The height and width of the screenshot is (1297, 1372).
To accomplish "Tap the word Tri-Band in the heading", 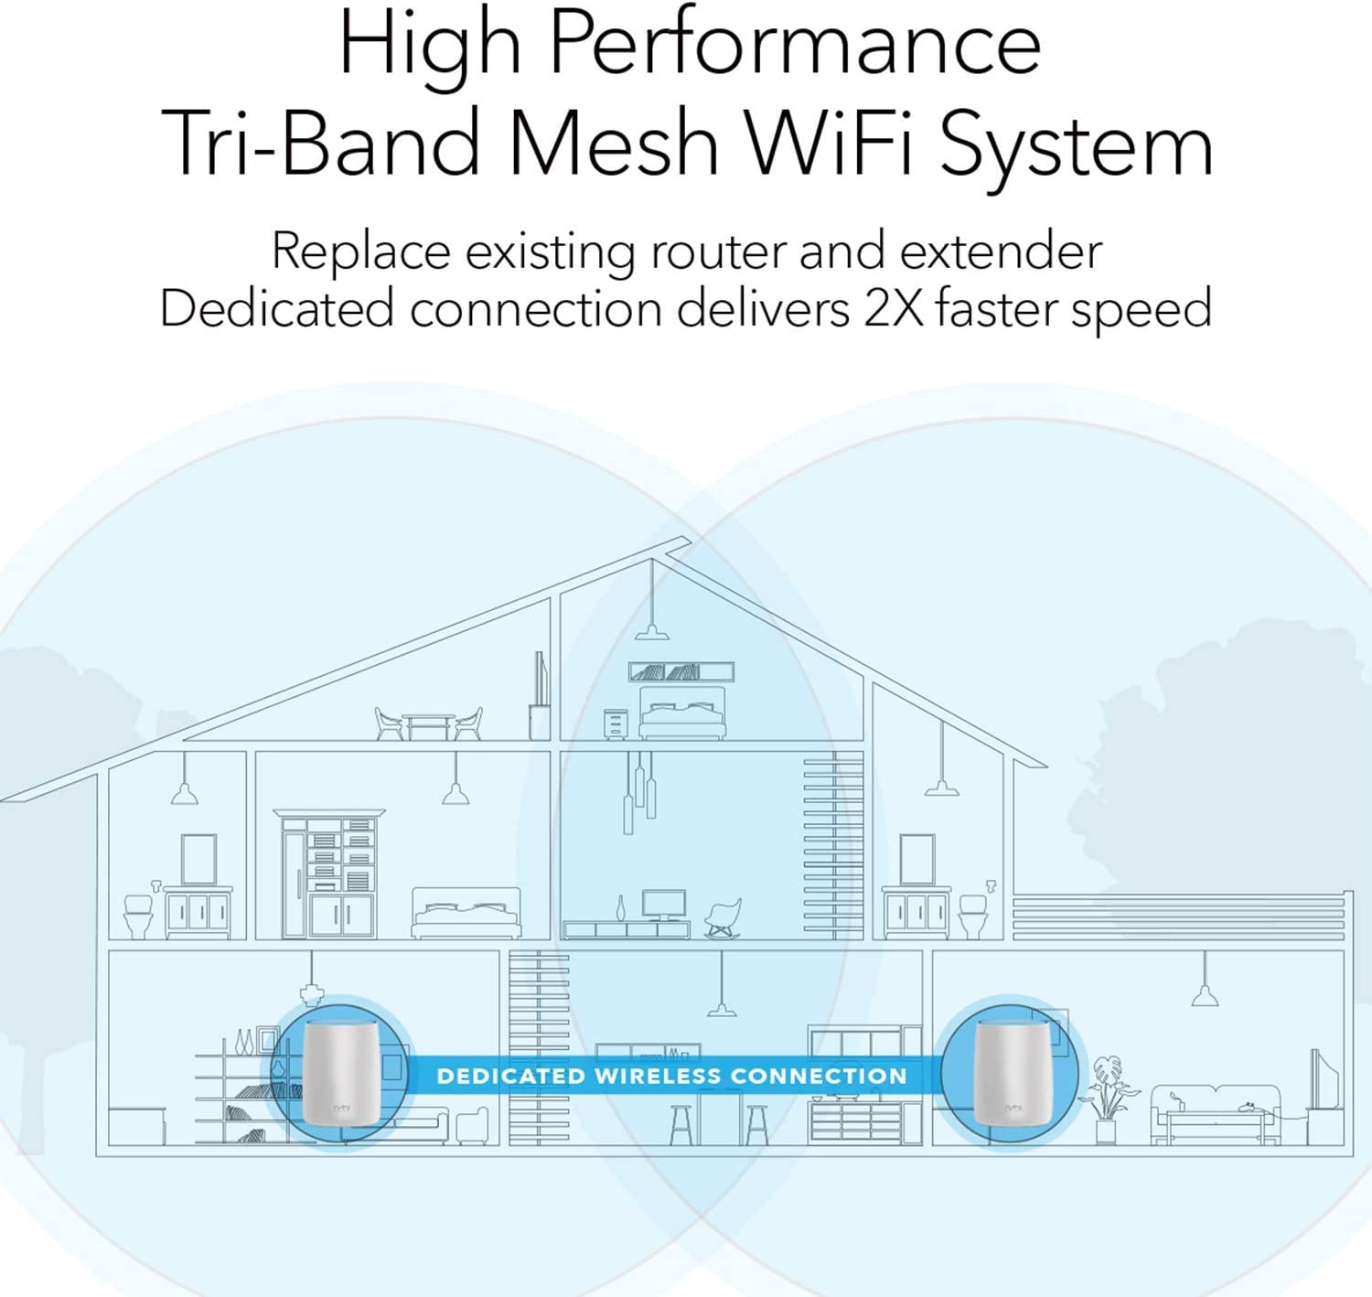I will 320,144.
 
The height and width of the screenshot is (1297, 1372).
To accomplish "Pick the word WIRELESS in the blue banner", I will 658,1076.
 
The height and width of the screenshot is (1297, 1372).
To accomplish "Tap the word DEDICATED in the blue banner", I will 510,1076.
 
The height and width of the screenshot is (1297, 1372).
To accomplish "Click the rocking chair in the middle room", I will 724,917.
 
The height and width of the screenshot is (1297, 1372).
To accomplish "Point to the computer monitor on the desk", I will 663,905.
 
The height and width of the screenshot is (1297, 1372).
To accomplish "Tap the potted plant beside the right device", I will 1108,1098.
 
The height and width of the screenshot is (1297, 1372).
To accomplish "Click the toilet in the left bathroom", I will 139,916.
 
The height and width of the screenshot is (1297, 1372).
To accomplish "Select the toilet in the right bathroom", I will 973,916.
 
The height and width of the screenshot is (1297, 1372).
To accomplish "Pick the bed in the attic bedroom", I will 682,713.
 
